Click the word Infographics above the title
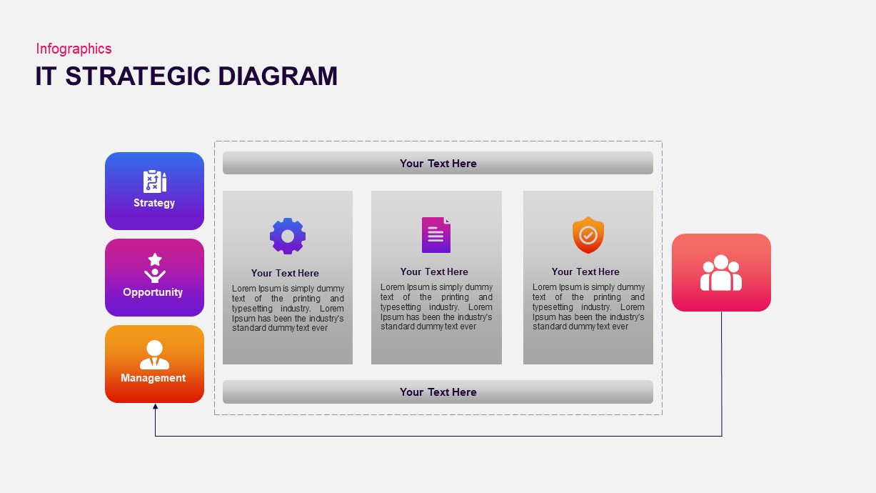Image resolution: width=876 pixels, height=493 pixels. click(x=74, y=49)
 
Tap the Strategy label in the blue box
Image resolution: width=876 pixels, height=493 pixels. click(x=154, y=203)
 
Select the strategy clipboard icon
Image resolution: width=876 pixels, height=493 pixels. click(x=154, y=181)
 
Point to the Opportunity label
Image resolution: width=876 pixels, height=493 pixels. click(x=153, y=292)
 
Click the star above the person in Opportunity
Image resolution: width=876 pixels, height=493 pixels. click(x=155, y=259)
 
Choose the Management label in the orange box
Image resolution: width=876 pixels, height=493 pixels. click(x=153, y=378)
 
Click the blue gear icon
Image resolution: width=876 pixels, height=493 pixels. click(x=288, y=236)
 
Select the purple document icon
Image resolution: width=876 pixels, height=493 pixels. click(x=436, y=235)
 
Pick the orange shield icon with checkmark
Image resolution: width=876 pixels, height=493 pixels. click(x=588, y=235)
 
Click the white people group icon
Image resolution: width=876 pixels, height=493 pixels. click(x=721, y=273)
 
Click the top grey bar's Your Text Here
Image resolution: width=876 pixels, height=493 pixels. click(x=438, y=164)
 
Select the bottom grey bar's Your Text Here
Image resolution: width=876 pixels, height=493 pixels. click(x=438, y=392)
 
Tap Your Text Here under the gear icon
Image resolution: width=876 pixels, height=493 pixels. click(x=285, y=273)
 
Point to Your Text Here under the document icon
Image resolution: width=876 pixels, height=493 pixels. click(x=434, y=272)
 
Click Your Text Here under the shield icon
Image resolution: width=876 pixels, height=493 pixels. click(x=585, y=272)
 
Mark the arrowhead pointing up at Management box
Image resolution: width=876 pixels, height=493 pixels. click(x=156, y=407)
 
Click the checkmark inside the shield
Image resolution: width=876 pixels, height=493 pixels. click(x=588, y=234)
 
